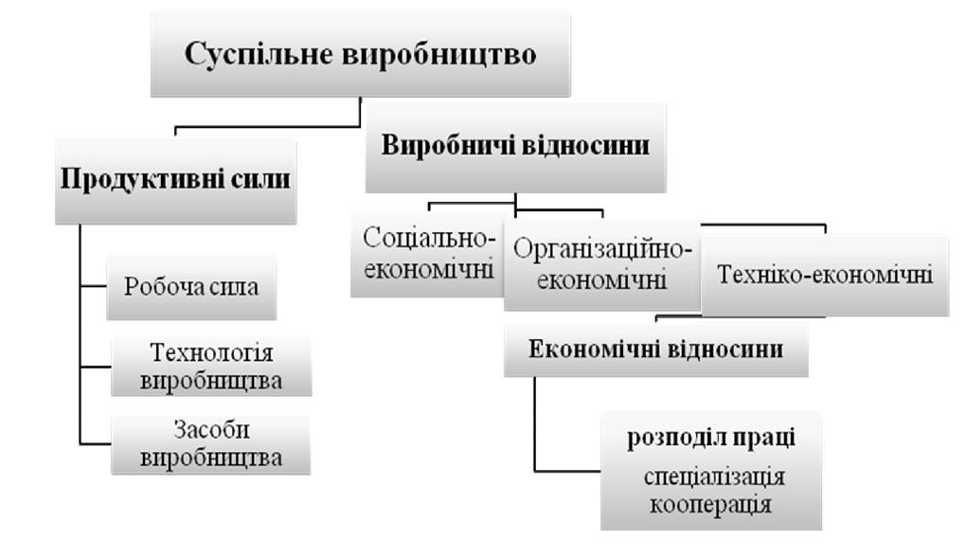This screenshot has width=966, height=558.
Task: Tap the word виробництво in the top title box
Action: click(439, 54)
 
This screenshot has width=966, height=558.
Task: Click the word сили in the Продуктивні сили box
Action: click(260, 179)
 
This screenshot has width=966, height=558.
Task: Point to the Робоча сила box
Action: click(191, 287)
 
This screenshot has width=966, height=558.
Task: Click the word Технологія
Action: click(211, 352)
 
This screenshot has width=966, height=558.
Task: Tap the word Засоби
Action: click(211, 430)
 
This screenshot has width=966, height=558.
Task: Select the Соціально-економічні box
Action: click(427, 255)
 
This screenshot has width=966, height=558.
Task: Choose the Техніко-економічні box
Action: click(825, 275)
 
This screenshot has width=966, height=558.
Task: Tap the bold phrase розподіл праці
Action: click(711, 438)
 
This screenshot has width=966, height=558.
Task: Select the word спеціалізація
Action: click(714, 477)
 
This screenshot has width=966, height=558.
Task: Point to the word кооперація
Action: click(710, 504)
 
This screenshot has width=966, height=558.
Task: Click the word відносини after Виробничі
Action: click(586, 146)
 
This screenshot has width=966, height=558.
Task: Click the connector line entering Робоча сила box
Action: click(94, 286)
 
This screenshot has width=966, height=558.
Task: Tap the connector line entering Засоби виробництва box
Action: click(96, 443)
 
